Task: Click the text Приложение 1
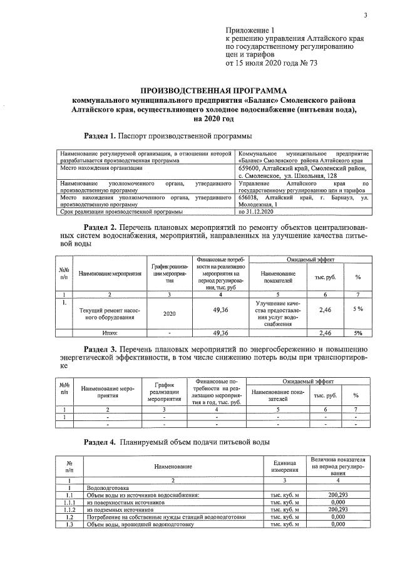(250, 30)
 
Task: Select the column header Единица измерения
(285, 466)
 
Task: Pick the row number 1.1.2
(71, 509)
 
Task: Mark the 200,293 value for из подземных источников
(339, 509)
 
